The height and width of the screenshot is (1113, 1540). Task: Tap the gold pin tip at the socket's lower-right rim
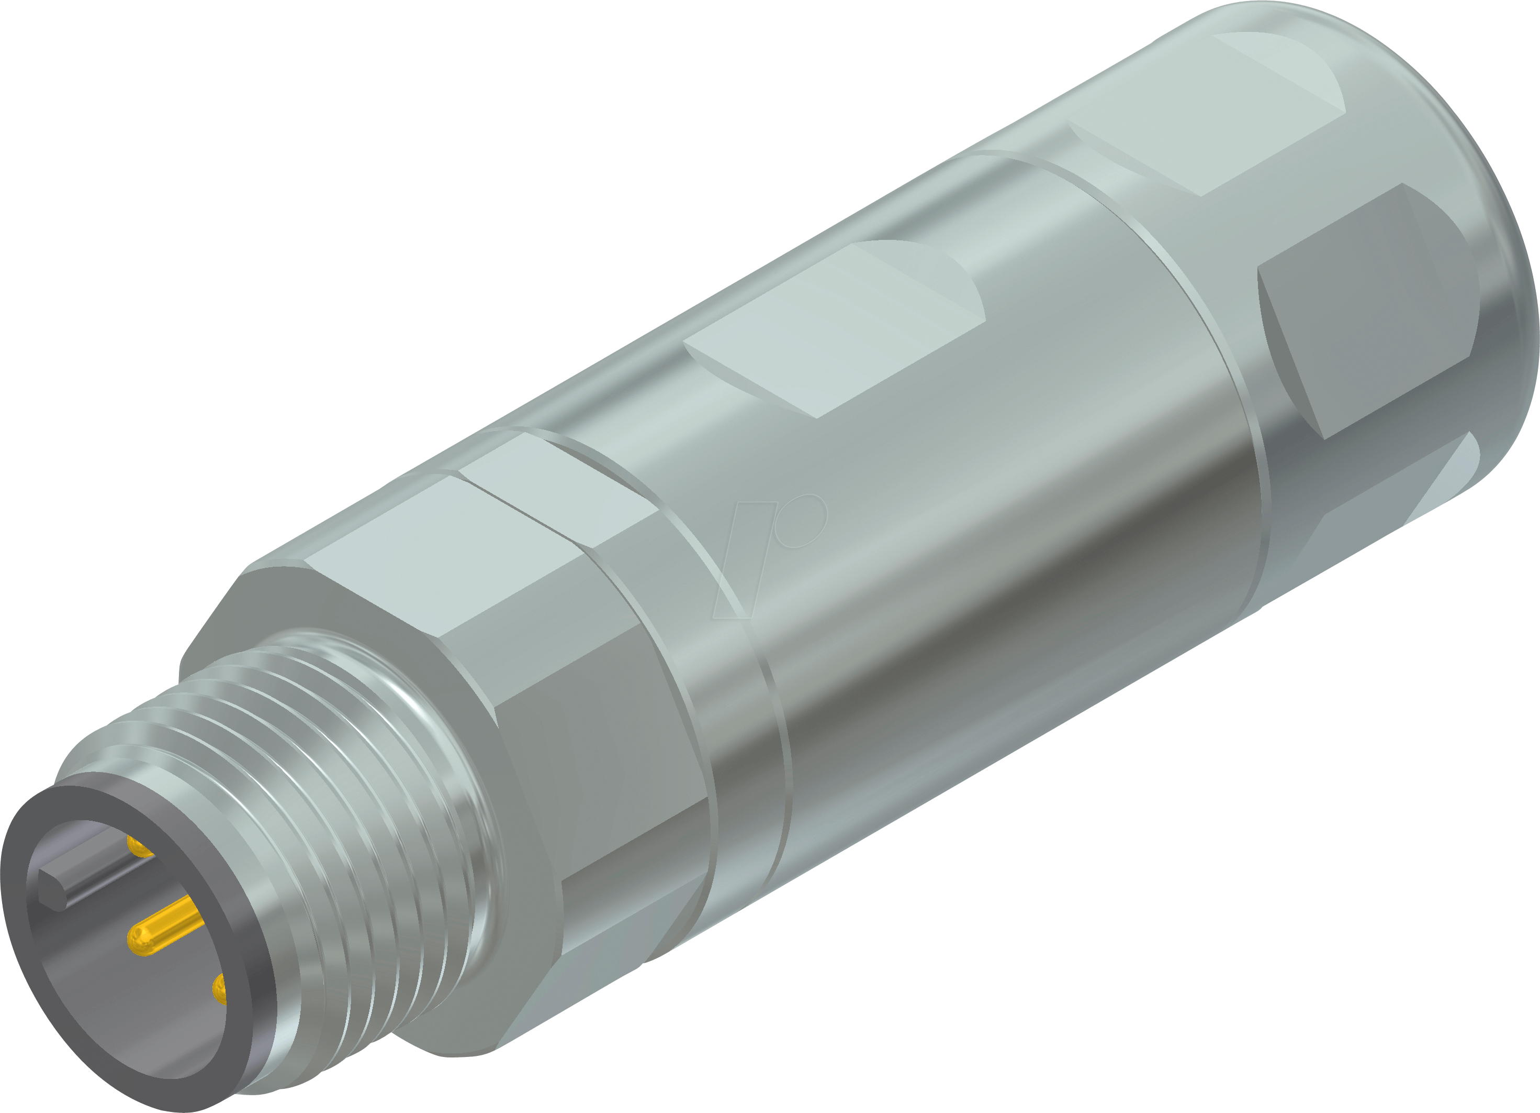pos(219,990)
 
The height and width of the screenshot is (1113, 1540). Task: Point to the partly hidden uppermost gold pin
pos(139,846)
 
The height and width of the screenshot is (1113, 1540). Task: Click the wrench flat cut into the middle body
pos(835,333)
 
